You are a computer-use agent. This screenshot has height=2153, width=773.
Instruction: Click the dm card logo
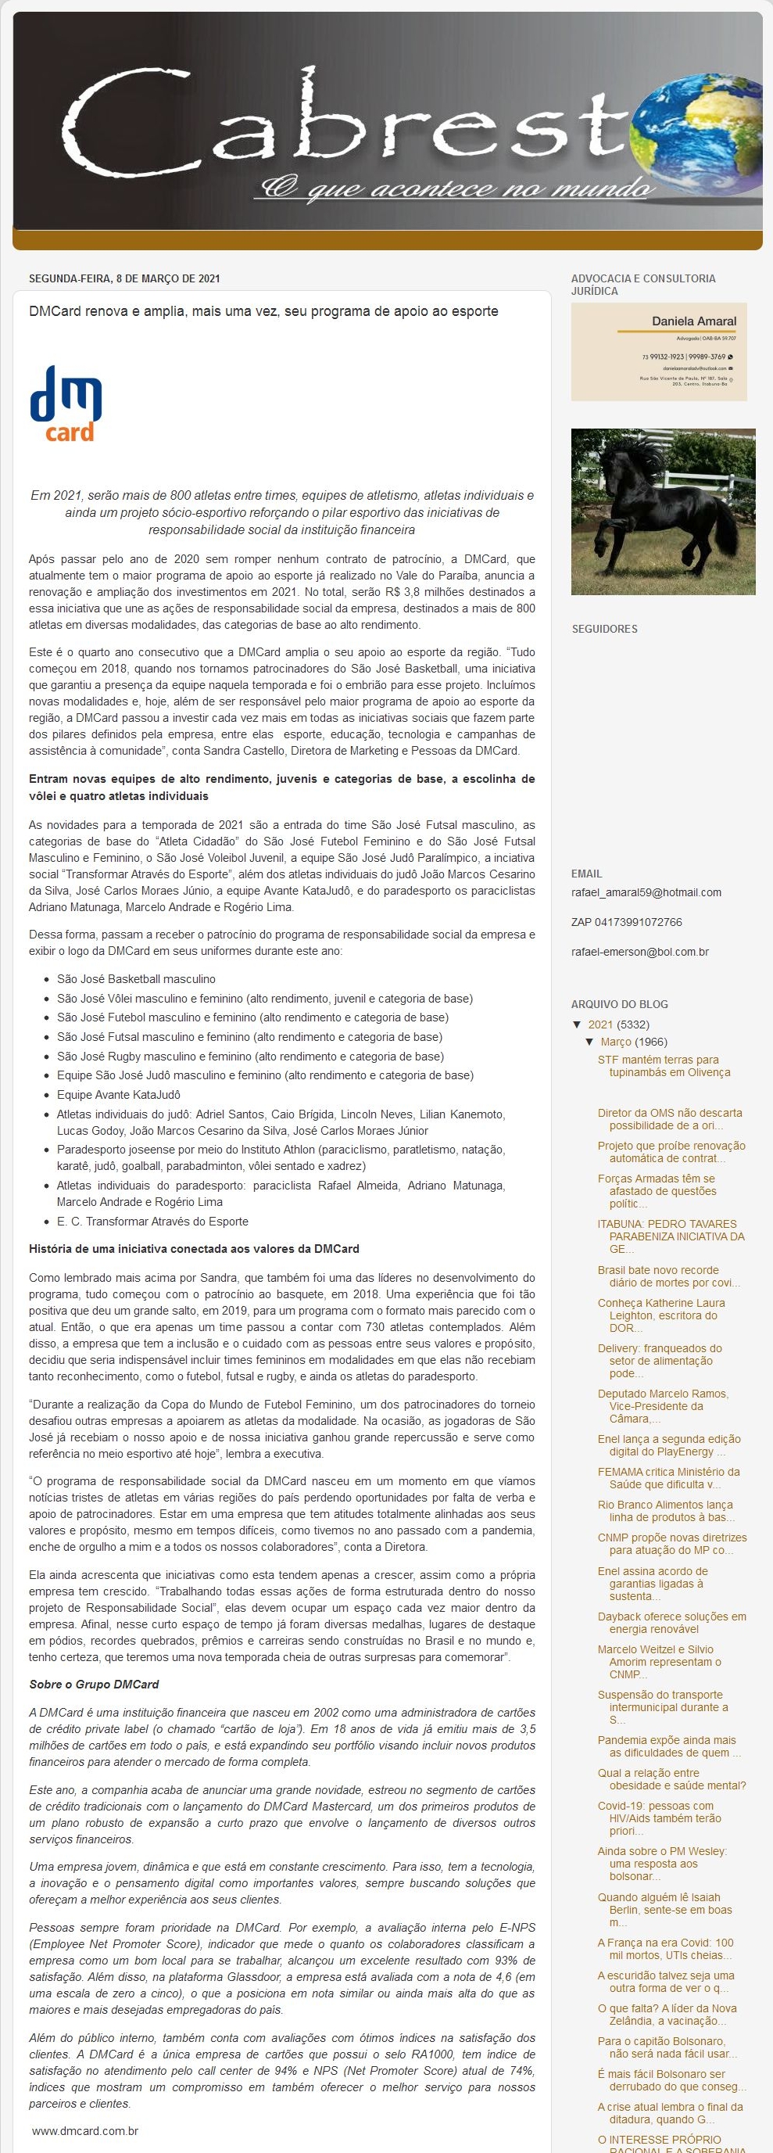coord(66,403)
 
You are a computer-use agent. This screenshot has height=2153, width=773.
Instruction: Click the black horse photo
coord(663,511)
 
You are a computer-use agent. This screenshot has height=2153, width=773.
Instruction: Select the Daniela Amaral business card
coord(659,352)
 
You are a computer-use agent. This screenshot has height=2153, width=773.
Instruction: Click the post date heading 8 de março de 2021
coord(124,278)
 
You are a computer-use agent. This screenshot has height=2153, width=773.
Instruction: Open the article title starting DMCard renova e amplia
coord(263,312)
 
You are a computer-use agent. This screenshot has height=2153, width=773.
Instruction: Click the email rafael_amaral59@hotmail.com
coord(646,892)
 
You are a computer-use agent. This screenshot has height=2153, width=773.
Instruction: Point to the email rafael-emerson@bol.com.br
coord(639,952)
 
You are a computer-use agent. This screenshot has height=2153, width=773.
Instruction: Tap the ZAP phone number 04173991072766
coord(626,922)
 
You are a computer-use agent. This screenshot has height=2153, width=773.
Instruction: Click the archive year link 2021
coord(600,1024)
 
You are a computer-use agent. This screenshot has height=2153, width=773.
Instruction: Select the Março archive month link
coord(616,1042)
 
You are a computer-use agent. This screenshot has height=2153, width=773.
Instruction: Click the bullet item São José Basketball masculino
coord(136,978)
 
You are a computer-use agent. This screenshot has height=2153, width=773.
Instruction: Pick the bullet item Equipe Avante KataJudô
coord(119,1095)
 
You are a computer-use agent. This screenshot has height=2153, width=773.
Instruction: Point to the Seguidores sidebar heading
coord(604,629)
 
